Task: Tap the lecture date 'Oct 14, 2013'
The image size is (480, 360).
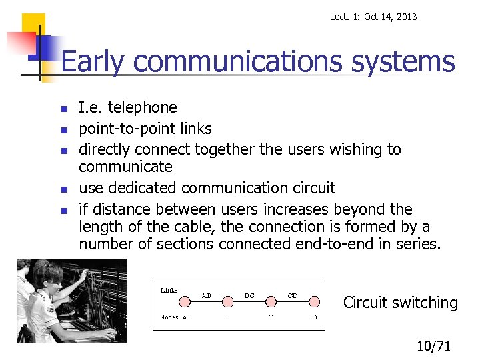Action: [x=389, y=17]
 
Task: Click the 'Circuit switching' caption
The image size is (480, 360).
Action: [x=401, y=303]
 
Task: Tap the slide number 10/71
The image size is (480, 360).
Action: [x=434, y=345]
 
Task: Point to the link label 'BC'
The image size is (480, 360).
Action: [x=249, y=295]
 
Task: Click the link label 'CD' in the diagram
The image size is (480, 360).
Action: [x=292, y=295]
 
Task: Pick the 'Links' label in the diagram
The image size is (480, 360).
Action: [x=169, y=290]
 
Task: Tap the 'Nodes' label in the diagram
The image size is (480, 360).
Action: [x=169, y=317]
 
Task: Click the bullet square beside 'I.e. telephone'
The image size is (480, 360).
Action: [x=63, y=109]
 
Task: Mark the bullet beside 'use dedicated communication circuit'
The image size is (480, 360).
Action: [x=63, y=189]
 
